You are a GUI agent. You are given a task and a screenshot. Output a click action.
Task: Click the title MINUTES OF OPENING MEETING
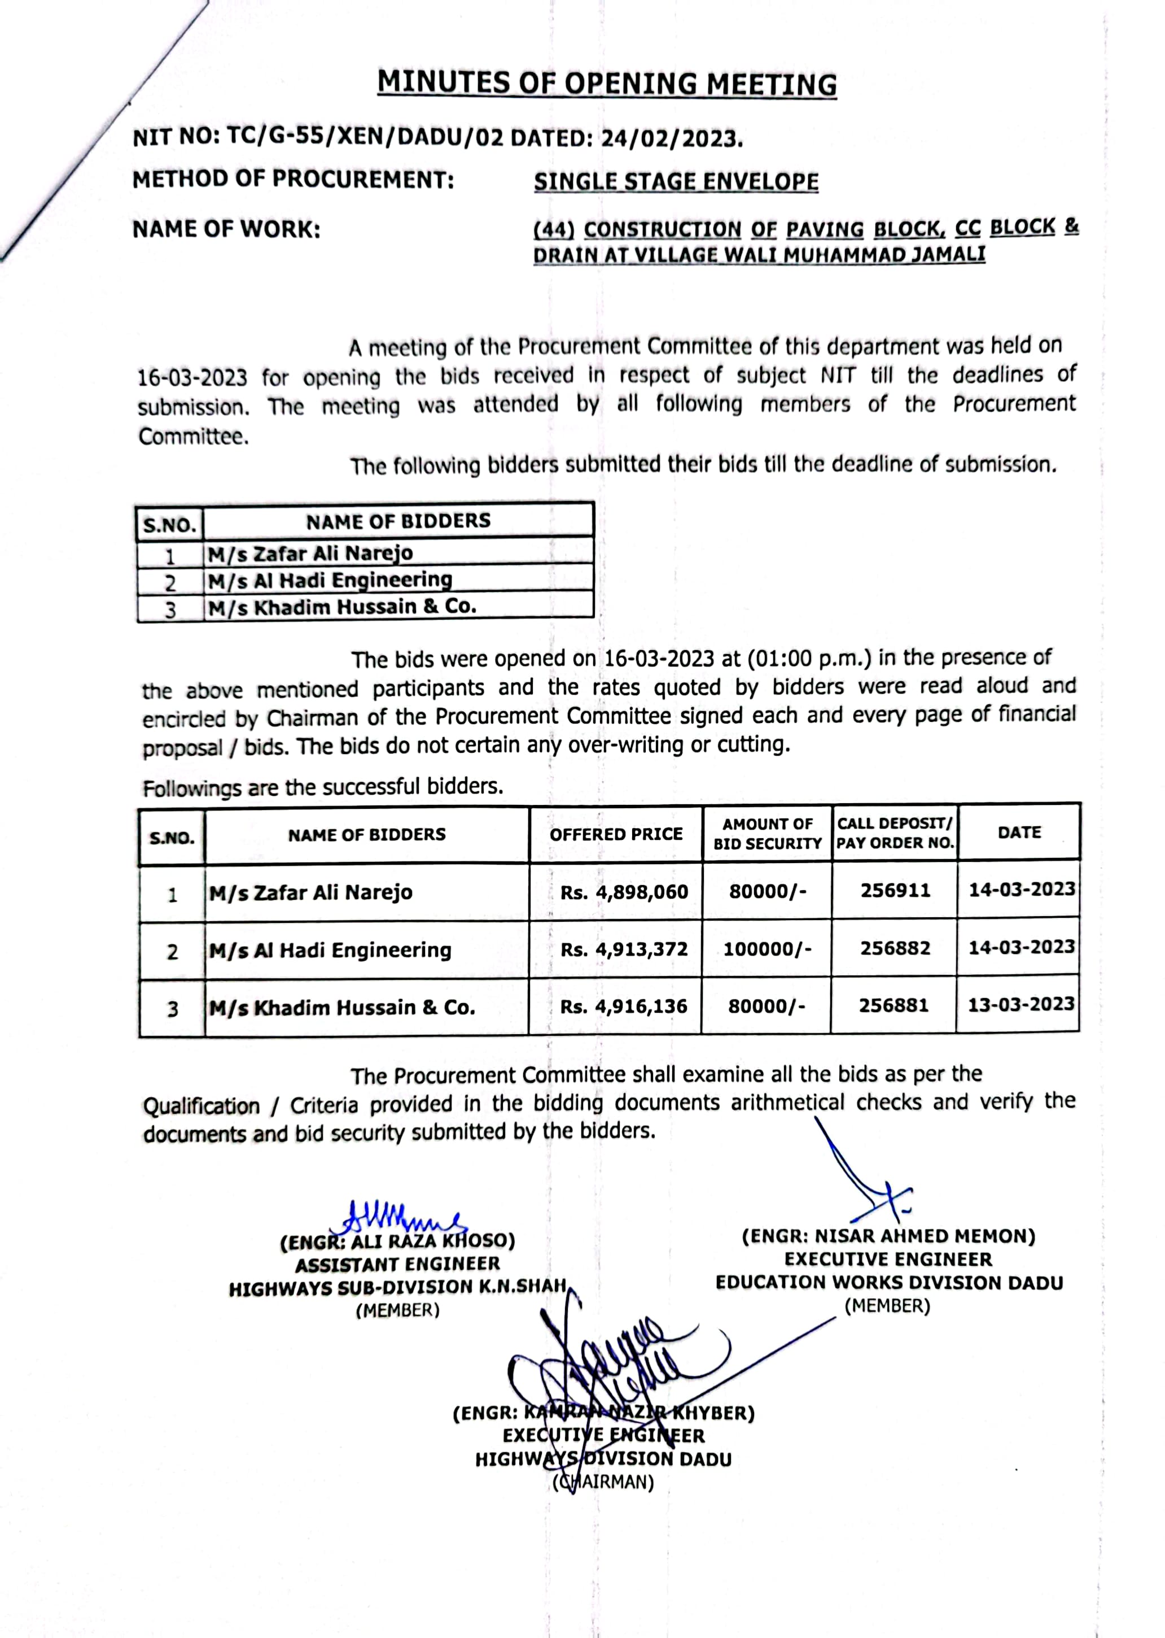[x=607, y=84]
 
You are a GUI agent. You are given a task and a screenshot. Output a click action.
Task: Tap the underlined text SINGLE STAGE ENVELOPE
[x=676, y=182]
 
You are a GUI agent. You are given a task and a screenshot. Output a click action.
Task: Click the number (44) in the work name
[x=554, y=230]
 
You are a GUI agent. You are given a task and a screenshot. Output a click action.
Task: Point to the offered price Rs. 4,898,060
[x=624, y=892]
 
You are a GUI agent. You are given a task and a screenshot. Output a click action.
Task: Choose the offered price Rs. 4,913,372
[x=624, y=949]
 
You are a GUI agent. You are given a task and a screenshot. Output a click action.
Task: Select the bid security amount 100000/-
[x=767, y=949]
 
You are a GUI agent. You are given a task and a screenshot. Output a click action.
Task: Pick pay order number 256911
[x=895, y=891]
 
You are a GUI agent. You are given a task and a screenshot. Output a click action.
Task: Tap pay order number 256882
[x=895, y=948]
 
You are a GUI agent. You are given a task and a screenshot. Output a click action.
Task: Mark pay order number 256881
[x=894, y=1005]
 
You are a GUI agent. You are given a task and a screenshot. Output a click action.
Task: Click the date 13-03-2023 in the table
[x=1021, y=1004]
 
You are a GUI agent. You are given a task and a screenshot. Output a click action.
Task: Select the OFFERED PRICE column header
[x=616, y=834]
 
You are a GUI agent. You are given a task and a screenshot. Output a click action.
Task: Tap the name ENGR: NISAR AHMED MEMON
[x=888, y=1236]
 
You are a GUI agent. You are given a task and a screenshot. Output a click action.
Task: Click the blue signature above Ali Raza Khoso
[x=402, y=1217]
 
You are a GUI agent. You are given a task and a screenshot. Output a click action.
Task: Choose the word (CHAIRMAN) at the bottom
[x=603, y=1482]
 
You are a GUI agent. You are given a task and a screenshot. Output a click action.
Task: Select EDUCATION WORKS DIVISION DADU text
[x=889, y=1283]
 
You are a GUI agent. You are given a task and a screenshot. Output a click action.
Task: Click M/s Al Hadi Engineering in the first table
[x=330, y=580]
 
